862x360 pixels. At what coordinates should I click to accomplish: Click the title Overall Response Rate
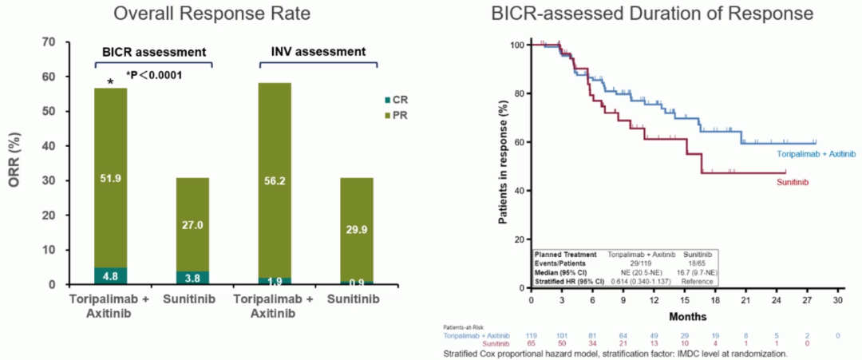tap(200, 14)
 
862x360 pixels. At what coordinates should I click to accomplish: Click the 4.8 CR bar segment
tap(110, 275)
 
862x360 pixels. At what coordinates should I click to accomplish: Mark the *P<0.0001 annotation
tap(152, 76)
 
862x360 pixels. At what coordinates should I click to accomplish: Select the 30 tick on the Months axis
tap(837, 301)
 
